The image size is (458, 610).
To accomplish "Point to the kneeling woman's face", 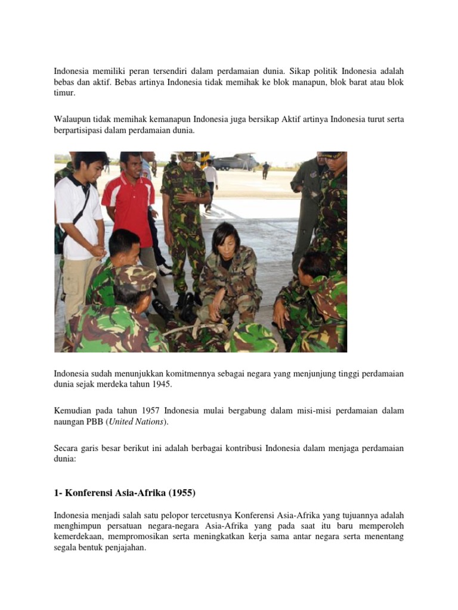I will pos(227,241).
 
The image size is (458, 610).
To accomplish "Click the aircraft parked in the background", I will pos(236,161).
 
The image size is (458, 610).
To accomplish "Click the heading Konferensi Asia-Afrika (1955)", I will pos(125,493).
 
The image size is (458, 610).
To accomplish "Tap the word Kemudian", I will pos(73,411).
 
